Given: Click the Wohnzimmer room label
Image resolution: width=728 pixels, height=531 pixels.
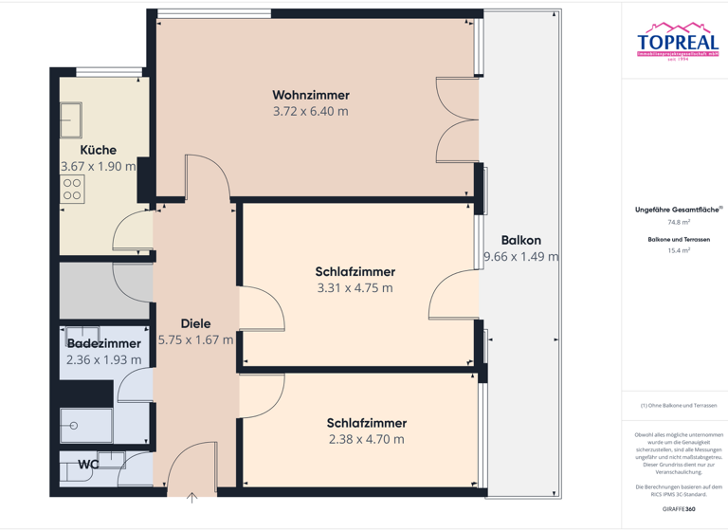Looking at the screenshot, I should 310,95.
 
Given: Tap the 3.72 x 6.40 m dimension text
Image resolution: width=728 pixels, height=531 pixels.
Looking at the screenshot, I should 310,111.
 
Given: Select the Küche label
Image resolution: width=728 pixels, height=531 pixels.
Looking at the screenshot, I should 98,150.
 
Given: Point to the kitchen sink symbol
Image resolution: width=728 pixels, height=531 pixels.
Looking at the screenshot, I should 72,120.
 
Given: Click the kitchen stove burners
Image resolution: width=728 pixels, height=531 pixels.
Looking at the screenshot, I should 72,188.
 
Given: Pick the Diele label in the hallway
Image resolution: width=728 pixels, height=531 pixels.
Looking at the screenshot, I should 195,323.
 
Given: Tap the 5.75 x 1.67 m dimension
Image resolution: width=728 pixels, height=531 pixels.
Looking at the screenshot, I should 195,339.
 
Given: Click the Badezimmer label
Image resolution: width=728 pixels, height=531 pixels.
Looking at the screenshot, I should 103,343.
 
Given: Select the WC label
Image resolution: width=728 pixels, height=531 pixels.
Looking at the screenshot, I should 89,465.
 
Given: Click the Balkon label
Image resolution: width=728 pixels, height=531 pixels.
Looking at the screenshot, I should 520,241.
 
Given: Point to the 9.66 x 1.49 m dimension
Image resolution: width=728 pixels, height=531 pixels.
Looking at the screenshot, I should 520,256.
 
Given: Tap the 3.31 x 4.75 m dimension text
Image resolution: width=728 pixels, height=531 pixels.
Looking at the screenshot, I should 355,288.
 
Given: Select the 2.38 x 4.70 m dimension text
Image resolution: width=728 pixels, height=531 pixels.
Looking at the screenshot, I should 366,439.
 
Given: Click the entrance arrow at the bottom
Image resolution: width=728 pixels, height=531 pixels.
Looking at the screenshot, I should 192,496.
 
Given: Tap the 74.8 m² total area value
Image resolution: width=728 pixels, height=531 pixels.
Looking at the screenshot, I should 676,222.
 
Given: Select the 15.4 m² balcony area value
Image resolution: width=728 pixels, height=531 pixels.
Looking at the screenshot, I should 676,251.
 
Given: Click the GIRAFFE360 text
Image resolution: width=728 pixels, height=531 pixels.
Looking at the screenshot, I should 676,510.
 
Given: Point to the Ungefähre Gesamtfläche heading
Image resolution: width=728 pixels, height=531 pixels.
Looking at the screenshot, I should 675,210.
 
